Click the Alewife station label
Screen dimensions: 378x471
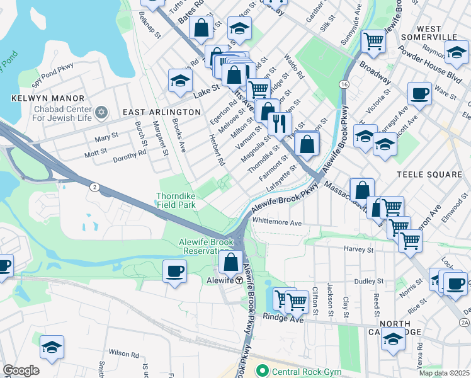[221, 280]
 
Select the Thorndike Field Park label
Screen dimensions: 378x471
[176, 200]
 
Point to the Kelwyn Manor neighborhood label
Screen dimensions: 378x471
[48, 98]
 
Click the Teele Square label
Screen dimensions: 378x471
[430, 174]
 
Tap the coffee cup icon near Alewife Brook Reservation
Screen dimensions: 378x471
[174, 271]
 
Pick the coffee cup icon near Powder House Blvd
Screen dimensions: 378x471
[419, 94]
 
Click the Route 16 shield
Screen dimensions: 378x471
[344, 84]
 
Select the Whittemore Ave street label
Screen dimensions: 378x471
[277, 222]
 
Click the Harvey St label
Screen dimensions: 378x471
[359, 249]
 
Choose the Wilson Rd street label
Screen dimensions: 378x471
[122, 353]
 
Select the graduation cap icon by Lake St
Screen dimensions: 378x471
[180, 80]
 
